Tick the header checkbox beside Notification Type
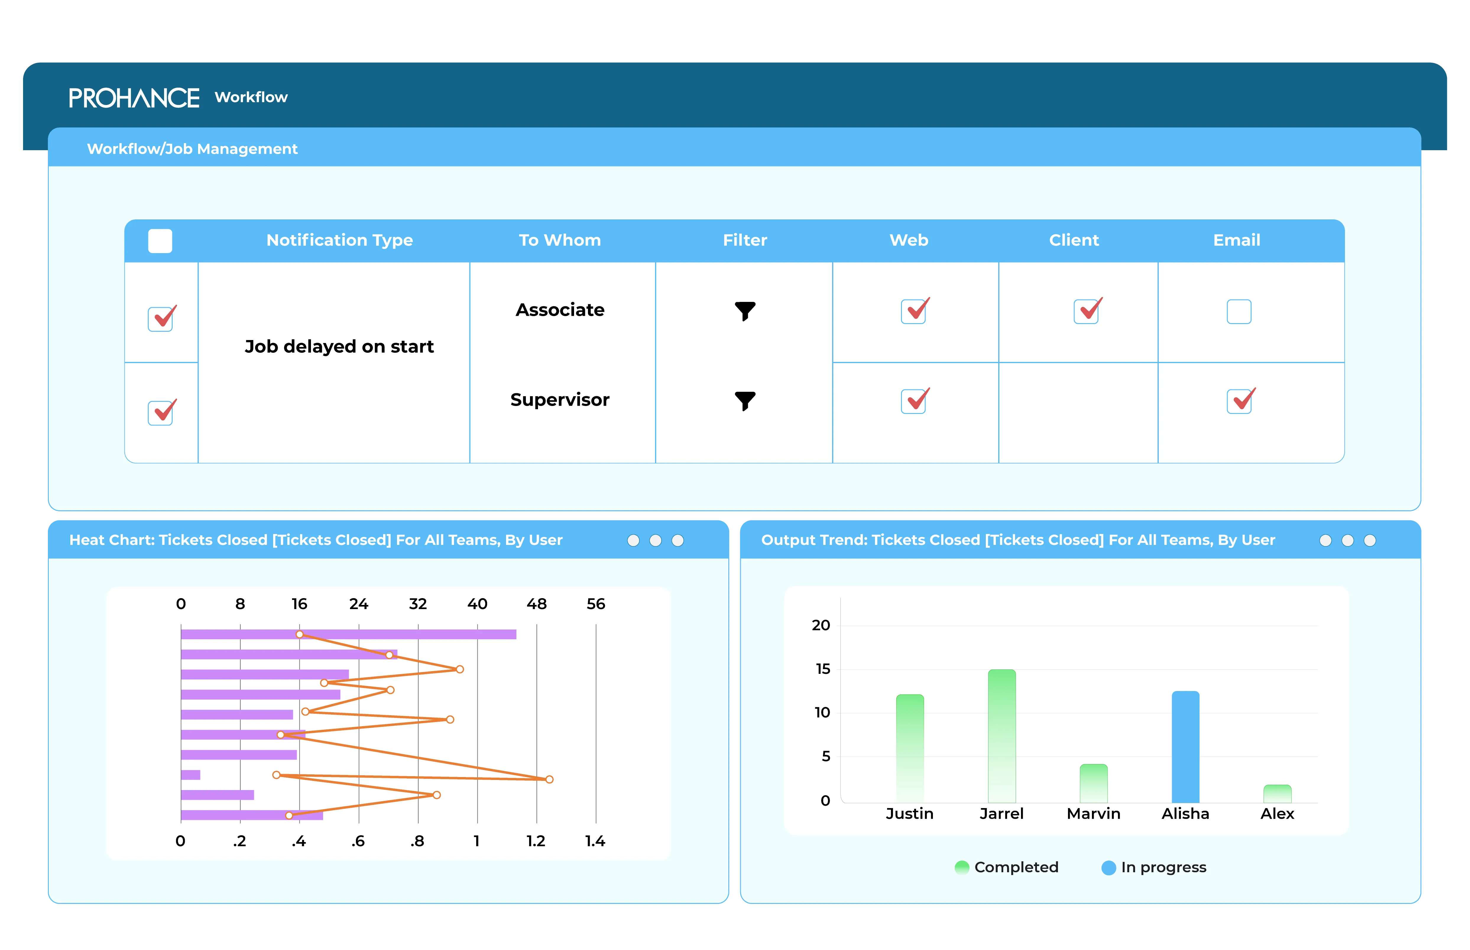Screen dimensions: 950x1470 [x=160, y=241]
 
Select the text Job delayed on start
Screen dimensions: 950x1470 [x=339, y=347]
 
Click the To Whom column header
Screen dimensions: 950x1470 [x=559, y=240]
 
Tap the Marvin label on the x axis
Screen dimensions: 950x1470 [x=1093, y=814]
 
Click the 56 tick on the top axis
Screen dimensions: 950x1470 [x=596, y=604]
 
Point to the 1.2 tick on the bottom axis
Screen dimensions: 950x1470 [x=535, y=841]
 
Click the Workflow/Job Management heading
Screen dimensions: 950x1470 [x=192, y=149]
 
